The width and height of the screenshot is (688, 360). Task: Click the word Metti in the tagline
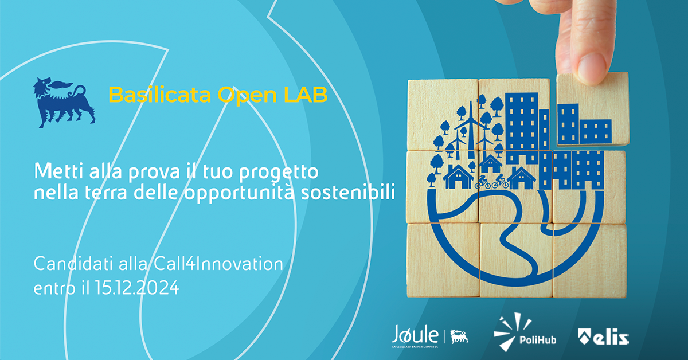(x=54, y=171)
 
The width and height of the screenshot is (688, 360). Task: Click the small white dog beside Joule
(x=459, y=336)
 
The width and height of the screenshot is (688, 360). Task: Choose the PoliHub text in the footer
(x=537, y=339)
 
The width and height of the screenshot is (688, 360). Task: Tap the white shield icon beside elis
(x=585, y=336)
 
